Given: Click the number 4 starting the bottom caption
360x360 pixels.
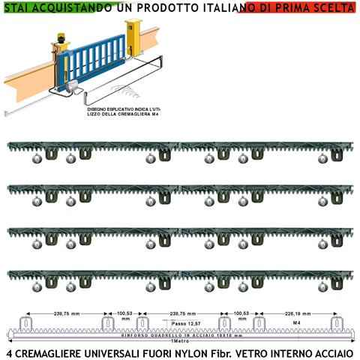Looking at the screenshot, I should pyautogui.click(x=9, y=352).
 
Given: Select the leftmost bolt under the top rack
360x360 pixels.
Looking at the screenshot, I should pyautogui.click(x=36, y=158).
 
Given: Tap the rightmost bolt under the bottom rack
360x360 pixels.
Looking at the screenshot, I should pyautogui.click(x=323, y=287).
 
